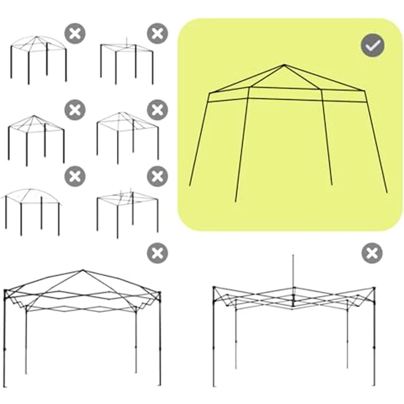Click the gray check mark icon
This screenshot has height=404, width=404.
point(373,46)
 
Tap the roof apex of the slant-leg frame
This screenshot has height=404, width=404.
point(284,65)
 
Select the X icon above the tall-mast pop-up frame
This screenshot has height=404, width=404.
point(372,254)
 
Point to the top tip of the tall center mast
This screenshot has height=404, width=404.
point(293,255)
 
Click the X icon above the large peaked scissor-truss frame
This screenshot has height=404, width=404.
point(158,253)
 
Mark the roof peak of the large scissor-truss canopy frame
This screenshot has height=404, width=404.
point(83,270)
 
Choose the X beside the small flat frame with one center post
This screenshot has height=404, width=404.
point(158,34)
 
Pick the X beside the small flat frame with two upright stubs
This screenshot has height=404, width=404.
point(158,177)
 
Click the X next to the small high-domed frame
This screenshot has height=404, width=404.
point(75,34)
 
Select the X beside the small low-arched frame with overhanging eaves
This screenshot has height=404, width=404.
point(75,177)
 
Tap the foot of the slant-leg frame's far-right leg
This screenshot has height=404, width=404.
point(386,192)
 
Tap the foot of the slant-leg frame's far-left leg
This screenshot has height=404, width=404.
point(190,186)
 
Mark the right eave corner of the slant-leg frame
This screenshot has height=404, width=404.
point(364,91)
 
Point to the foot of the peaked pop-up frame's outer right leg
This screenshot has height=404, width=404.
point(160,384)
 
